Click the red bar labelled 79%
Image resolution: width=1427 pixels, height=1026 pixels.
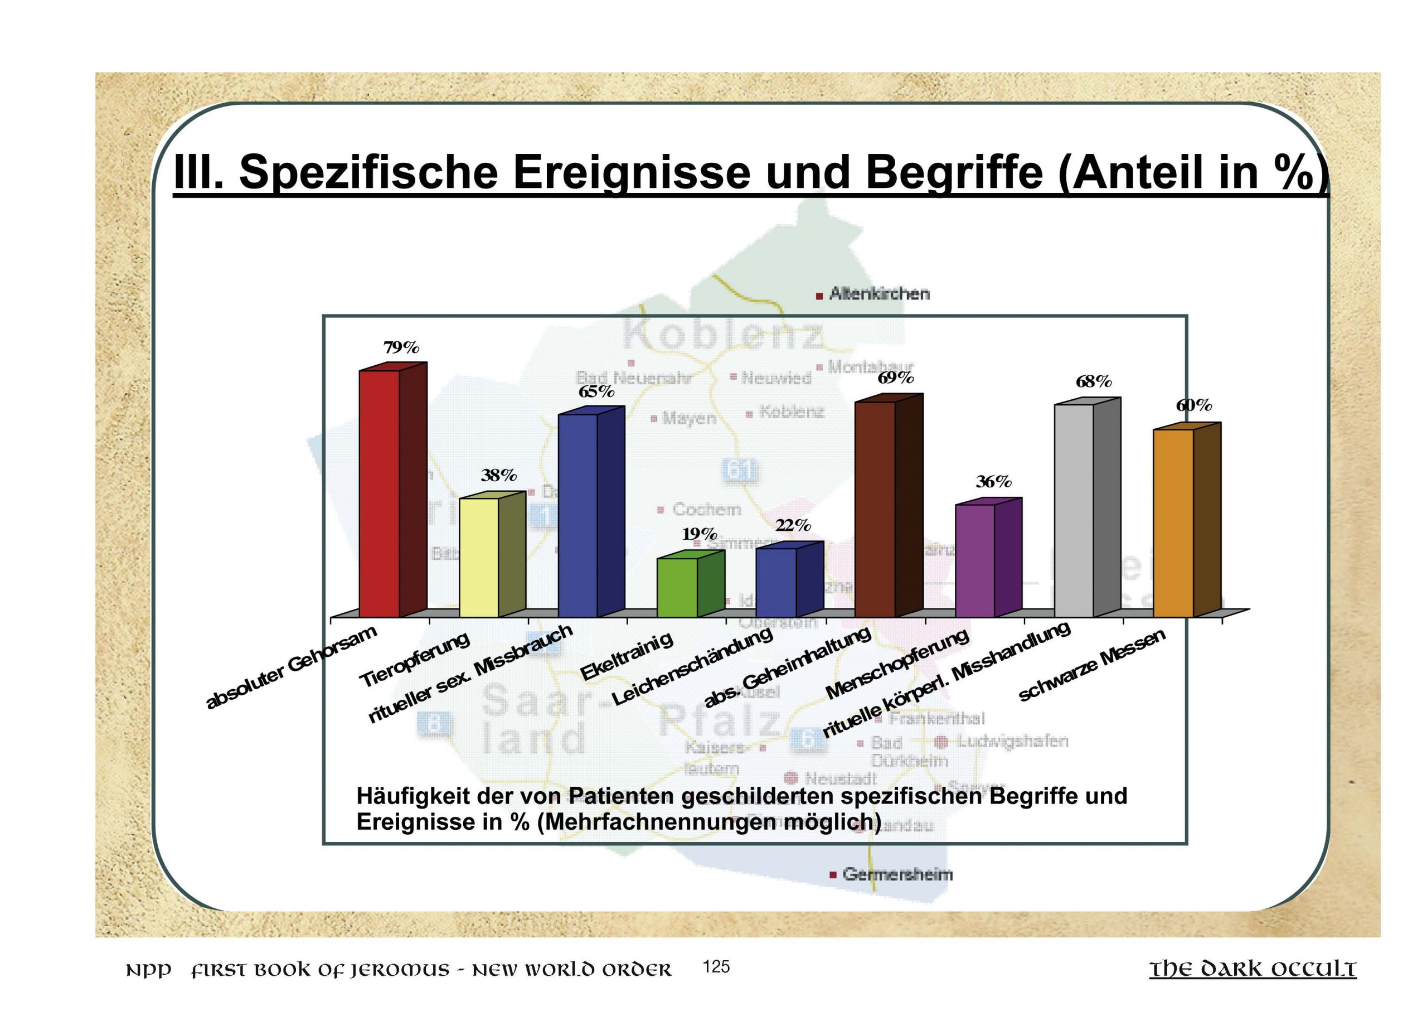(x=380, y=493)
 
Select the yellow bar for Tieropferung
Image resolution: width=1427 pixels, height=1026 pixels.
(x=479, y=557)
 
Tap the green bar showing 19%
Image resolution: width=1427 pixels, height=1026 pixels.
(x=677, y=587)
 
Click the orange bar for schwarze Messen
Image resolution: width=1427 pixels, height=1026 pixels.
(x=1173, y=523)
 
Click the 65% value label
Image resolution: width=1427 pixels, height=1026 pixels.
(x=596, y=391)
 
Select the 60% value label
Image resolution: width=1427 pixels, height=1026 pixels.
(x=1194, y=406)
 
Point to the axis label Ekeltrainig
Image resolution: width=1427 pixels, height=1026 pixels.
(x=627, y=655)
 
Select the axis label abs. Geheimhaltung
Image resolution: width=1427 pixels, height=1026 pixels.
(x=787, y=667)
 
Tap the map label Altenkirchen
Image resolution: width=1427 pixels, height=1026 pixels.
(x=879, y=294)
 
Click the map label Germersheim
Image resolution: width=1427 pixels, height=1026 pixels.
(x=897, y=874)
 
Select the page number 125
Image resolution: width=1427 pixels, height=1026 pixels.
(x=717, y=966)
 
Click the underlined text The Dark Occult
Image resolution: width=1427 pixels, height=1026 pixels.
(x=1253, y=969)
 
